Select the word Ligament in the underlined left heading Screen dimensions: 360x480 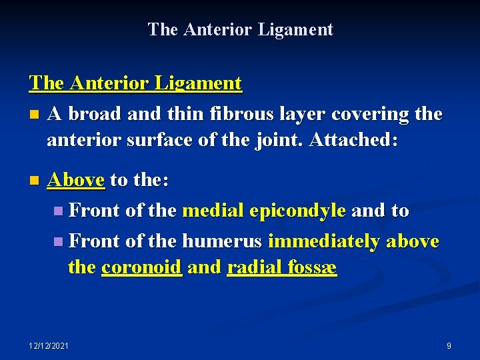click(199, 84)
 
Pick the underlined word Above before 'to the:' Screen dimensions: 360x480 click(76, 180)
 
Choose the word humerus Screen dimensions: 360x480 click(223, 241)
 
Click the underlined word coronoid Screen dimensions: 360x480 click(141, 268)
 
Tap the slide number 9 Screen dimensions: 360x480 click(449, 345)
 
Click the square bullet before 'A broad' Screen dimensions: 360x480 click(34, 115)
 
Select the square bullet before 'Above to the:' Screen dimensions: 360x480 click(34, 181)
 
